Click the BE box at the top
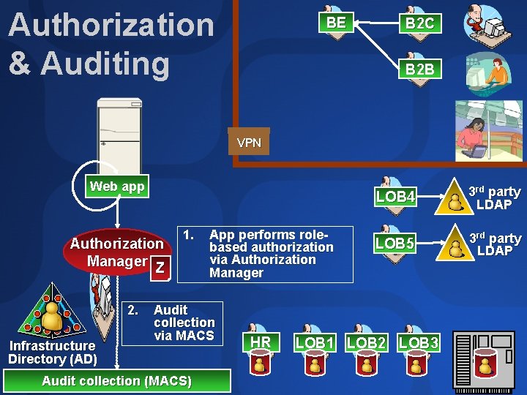pyautogui.click(x=336, y=23)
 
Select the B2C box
pyautogui.click(x=419, y=23)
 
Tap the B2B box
pyautogui.click(x=419, y=69)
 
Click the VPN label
pyautogui.click(x=249, y=143)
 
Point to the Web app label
pyautogui.click(x=117, y=187)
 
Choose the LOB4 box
pyautogui.click(x=395, y=197)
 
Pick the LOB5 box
pyautogui.click(x=395, y=242)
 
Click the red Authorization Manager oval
pyautogui.click(x=117, y=251)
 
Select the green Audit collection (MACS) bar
pyautogui.click(x=117, y=380)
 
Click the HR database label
pyautogui.click(x=261, y=342)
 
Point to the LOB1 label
pyautogui.click(x=315, y=342)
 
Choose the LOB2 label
pyautogui.click(x=366, y=342)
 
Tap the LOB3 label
pyautogui.click(x=419, y=342)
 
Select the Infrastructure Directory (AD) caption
pyautogui.click(x=53, y=352)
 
